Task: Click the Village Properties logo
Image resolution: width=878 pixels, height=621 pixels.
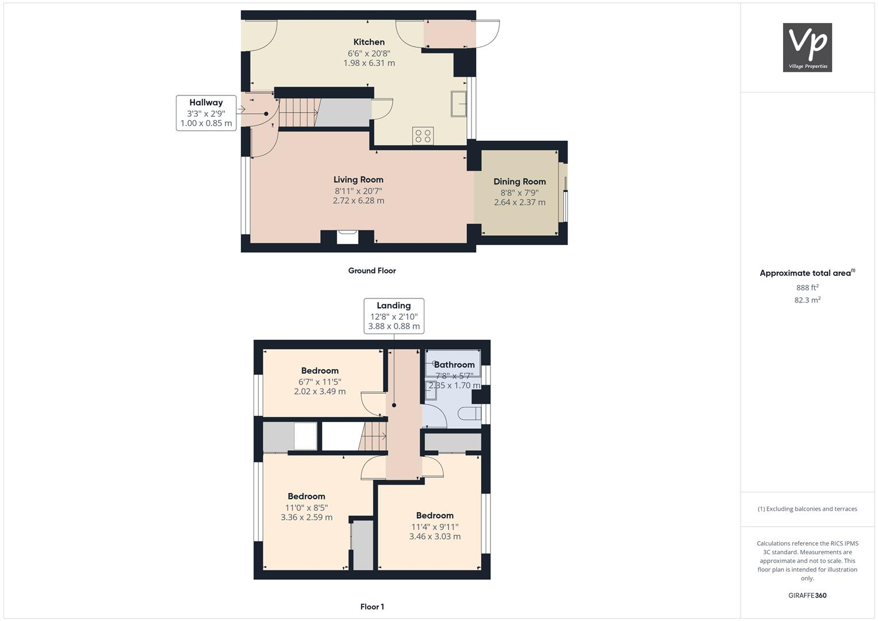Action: point(807,47)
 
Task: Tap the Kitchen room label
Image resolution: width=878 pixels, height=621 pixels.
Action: point(369,42)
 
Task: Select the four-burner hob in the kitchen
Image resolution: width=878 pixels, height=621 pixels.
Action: point(423,136)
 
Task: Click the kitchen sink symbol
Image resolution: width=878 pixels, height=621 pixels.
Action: point(458,103)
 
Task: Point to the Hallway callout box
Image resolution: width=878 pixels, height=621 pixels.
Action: point(206,113)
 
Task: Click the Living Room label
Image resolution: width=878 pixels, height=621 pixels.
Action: point(358,179)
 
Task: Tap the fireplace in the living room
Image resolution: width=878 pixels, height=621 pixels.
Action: point(347,236)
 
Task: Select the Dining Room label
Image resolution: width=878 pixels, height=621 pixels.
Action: point(519,181)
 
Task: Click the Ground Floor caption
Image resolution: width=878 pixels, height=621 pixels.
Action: point(371,270)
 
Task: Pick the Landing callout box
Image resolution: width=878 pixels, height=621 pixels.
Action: point(394,316)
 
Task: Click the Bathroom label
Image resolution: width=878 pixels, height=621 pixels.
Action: point(454,365)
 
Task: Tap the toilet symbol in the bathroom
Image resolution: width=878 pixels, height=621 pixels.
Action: point(470,414)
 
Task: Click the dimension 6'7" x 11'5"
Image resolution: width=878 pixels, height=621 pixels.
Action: point(320,381)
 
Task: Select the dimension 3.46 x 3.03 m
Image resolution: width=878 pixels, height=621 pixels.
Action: point(435,536)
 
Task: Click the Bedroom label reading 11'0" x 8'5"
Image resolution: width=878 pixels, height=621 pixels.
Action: point(306,496)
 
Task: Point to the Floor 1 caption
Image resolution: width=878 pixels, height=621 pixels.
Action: point(372,607)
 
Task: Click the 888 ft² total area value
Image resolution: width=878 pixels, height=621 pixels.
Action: point(807,287)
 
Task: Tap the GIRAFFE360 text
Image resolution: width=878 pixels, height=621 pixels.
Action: point(807,595)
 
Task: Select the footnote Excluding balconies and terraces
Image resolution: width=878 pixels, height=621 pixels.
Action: point(807,509)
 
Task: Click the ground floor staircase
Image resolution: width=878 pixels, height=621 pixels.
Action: point(298,112)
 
